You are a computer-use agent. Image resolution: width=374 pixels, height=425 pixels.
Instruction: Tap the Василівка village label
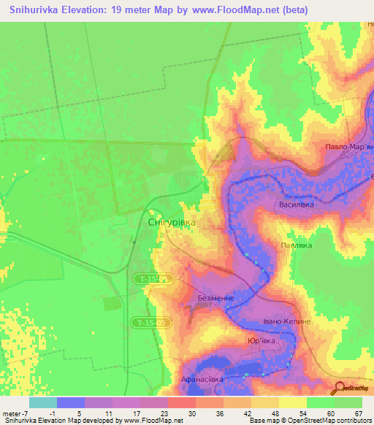297,205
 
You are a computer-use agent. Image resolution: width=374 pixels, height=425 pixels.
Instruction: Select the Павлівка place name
297,245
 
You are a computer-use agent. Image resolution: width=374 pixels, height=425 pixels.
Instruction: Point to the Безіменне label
216,299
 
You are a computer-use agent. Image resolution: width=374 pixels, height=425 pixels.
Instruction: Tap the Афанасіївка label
202,380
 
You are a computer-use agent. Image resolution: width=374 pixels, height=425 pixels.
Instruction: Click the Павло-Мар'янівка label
349,147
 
